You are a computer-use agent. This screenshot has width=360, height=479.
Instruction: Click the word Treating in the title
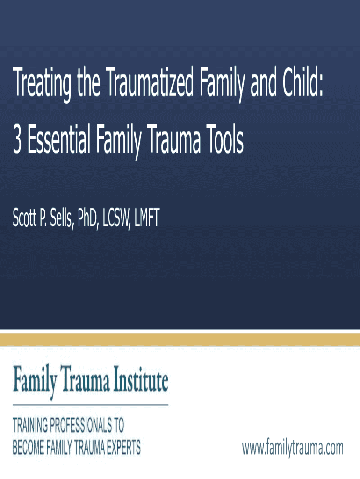tap(42, 82)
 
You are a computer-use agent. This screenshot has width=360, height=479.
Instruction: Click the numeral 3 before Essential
tap(17, 138)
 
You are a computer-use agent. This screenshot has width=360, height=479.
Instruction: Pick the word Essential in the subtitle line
tap(59, 138)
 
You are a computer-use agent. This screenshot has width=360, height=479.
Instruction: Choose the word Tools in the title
tap(224, 138)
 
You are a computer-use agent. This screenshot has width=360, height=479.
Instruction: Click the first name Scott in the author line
tap(25, 218)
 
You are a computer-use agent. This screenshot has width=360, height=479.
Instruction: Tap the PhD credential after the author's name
tap(87, 218)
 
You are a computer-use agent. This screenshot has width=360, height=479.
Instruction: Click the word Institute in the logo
tap(141, 379)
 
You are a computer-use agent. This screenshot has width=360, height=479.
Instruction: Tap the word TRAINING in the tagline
tap(30, 425)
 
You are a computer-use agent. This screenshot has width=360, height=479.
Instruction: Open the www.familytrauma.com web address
tap(293, 448)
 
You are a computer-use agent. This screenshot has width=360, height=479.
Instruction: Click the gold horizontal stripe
tap(180, 340)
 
